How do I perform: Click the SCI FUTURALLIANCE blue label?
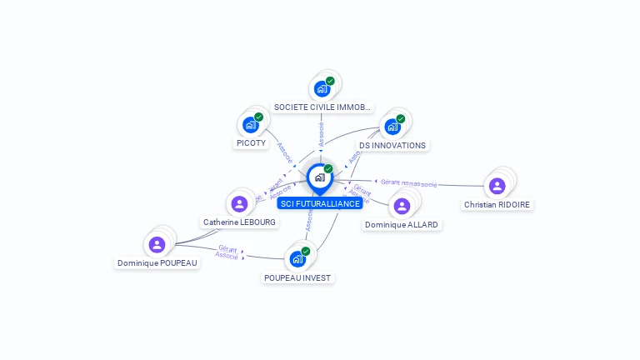pyautogui.click(x=320, y=203)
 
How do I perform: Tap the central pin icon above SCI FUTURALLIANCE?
pyautogui.click(x=319, y=177)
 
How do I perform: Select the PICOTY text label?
pyautogui.click(x=251, y=143)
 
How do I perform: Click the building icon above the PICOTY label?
pyautogui.click(x=250, y=125)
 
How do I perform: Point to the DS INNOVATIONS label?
pyautogui.click(x=392, y=145)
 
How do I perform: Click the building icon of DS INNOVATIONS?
pyautogui.click(x=392, y=127)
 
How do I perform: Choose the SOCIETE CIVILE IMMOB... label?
pyautogui.click(x=322, y=107)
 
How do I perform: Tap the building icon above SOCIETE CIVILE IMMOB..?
pyautogui.click(x=322, y=88)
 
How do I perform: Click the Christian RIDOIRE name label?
pyautogui.click(x=497, y=205)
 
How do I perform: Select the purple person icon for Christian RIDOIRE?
pyautogui.click(x=497, y=186)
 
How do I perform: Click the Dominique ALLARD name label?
pyautogui.click(x=402, y=225)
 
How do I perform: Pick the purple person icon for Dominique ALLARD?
pyautogui.click(x=402, y=206)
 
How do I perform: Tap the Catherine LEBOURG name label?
pyautogui.click(x=239, y=222)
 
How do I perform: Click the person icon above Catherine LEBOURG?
pyautogui.click(x=239, y=203)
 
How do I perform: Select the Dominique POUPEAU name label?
pyautogui.click(x=157, y=262)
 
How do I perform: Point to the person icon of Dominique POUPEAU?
pyautogui.click(x=157, y=244)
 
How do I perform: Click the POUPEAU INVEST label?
pyautogui.click(x=297, y=277)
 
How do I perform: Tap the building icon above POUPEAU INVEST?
pyautogui.click(x=297, y=258)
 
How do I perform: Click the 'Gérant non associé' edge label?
pyautogui.click(x=408, y=182)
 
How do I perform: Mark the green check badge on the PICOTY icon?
pyautogui.click(x=258, y=117)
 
